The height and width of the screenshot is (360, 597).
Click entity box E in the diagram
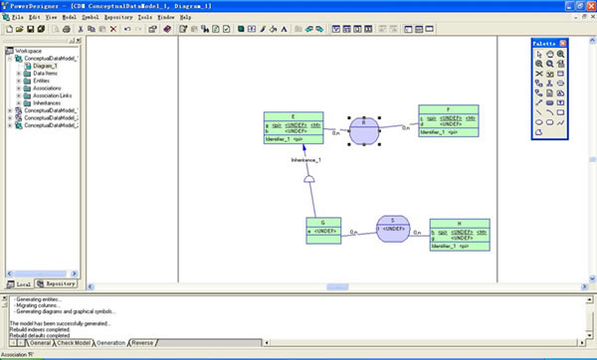point(293,127)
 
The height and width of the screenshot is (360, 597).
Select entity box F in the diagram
point(448,120)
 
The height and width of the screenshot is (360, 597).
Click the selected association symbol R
point(365,128)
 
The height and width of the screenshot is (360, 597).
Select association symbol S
point(392,229)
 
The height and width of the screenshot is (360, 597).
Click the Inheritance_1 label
point(305,160)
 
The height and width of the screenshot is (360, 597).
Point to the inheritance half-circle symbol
point(309,180)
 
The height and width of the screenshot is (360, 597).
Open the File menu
point(16,17)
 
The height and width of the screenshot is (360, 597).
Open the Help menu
point(185,17)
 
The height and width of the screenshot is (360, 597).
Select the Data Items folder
point(48,74)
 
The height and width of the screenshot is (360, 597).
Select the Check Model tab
point(75,343)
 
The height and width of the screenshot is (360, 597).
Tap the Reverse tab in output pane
point(142,343)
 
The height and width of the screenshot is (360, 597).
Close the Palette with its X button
point(563,44)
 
